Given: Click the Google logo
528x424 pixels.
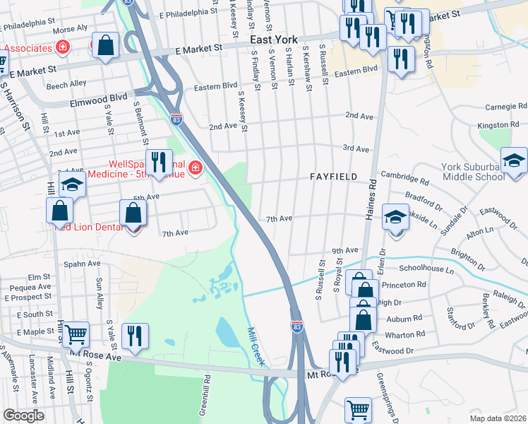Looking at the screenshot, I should coord(23,416).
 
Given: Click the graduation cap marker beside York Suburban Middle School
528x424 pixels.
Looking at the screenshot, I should coord(514,160).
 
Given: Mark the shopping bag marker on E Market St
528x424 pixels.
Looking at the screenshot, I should coord(105,46).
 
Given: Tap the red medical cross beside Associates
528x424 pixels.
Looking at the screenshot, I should coord(62,47).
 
